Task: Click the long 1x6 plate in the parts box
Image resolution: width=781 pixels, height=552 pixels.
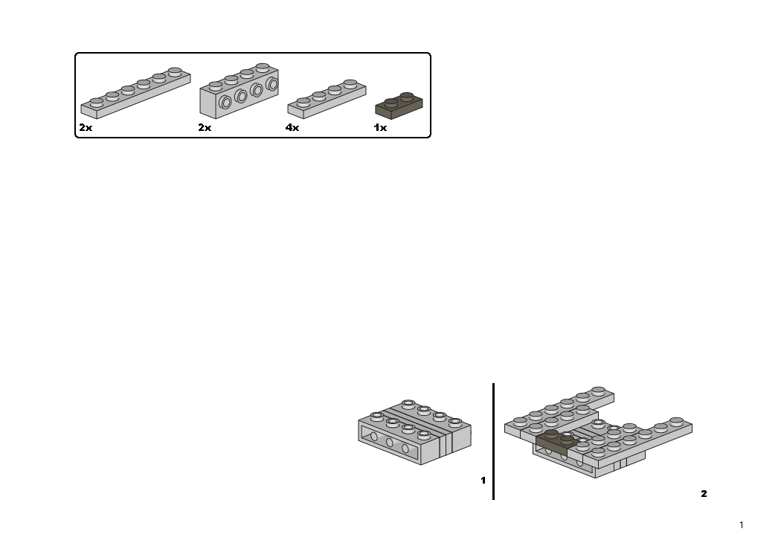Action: (135, 94)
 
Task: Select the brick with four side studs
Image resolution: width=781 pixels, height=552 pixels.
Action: (239, 92)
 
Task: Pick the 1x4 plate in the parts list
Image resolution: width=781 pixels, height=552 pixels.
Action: (327, 99)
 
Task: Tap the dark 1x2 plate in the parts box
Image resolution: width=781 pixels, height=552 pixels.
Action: (399, 106)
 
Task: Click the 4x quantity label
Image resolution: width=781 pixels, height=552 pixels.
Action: (292, 127)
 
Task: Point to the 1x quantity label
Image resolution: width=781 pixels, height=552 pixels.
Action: (380, 127)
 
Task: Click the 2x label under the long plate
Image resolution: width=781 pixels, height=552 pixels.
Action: (86, 127)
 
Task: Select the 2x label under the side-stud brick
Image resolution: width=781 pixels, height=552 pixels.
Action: (205, 127)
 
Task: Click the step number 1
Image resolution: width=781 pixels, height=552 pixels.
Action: (483, 481)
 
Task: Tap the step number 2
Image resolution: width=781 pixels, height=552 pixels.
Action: (704, 494)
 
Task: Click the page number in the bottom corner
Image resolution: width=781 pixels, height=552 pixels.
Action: (742, 524)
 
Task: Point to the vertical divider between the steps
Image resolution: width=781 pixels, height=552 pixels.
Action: (494, 441)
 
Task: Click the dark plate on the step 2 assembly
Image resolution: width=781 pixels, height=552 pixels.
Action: (557, 443)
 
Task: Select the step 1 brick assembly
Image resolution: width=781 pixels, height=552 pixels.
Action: (414, 432)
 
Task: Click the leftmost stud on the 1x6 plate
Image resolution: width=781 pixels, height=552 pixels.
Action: (97, 103)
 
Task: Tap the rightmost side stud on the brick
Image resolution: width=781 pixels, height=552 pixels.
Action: (272, 84)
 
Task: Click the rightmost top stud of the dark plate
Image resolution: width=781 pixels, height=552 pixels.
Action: (407, 96)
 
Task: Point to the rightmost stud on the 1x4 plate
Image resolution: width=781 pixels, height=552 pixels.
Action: (350, 84)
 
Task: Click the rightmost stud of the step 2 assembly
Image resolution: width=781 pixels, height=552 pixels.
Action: (676, 422)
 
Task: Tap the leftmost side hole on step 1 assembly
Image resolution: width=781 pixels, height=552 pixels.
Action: (373, 437)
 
